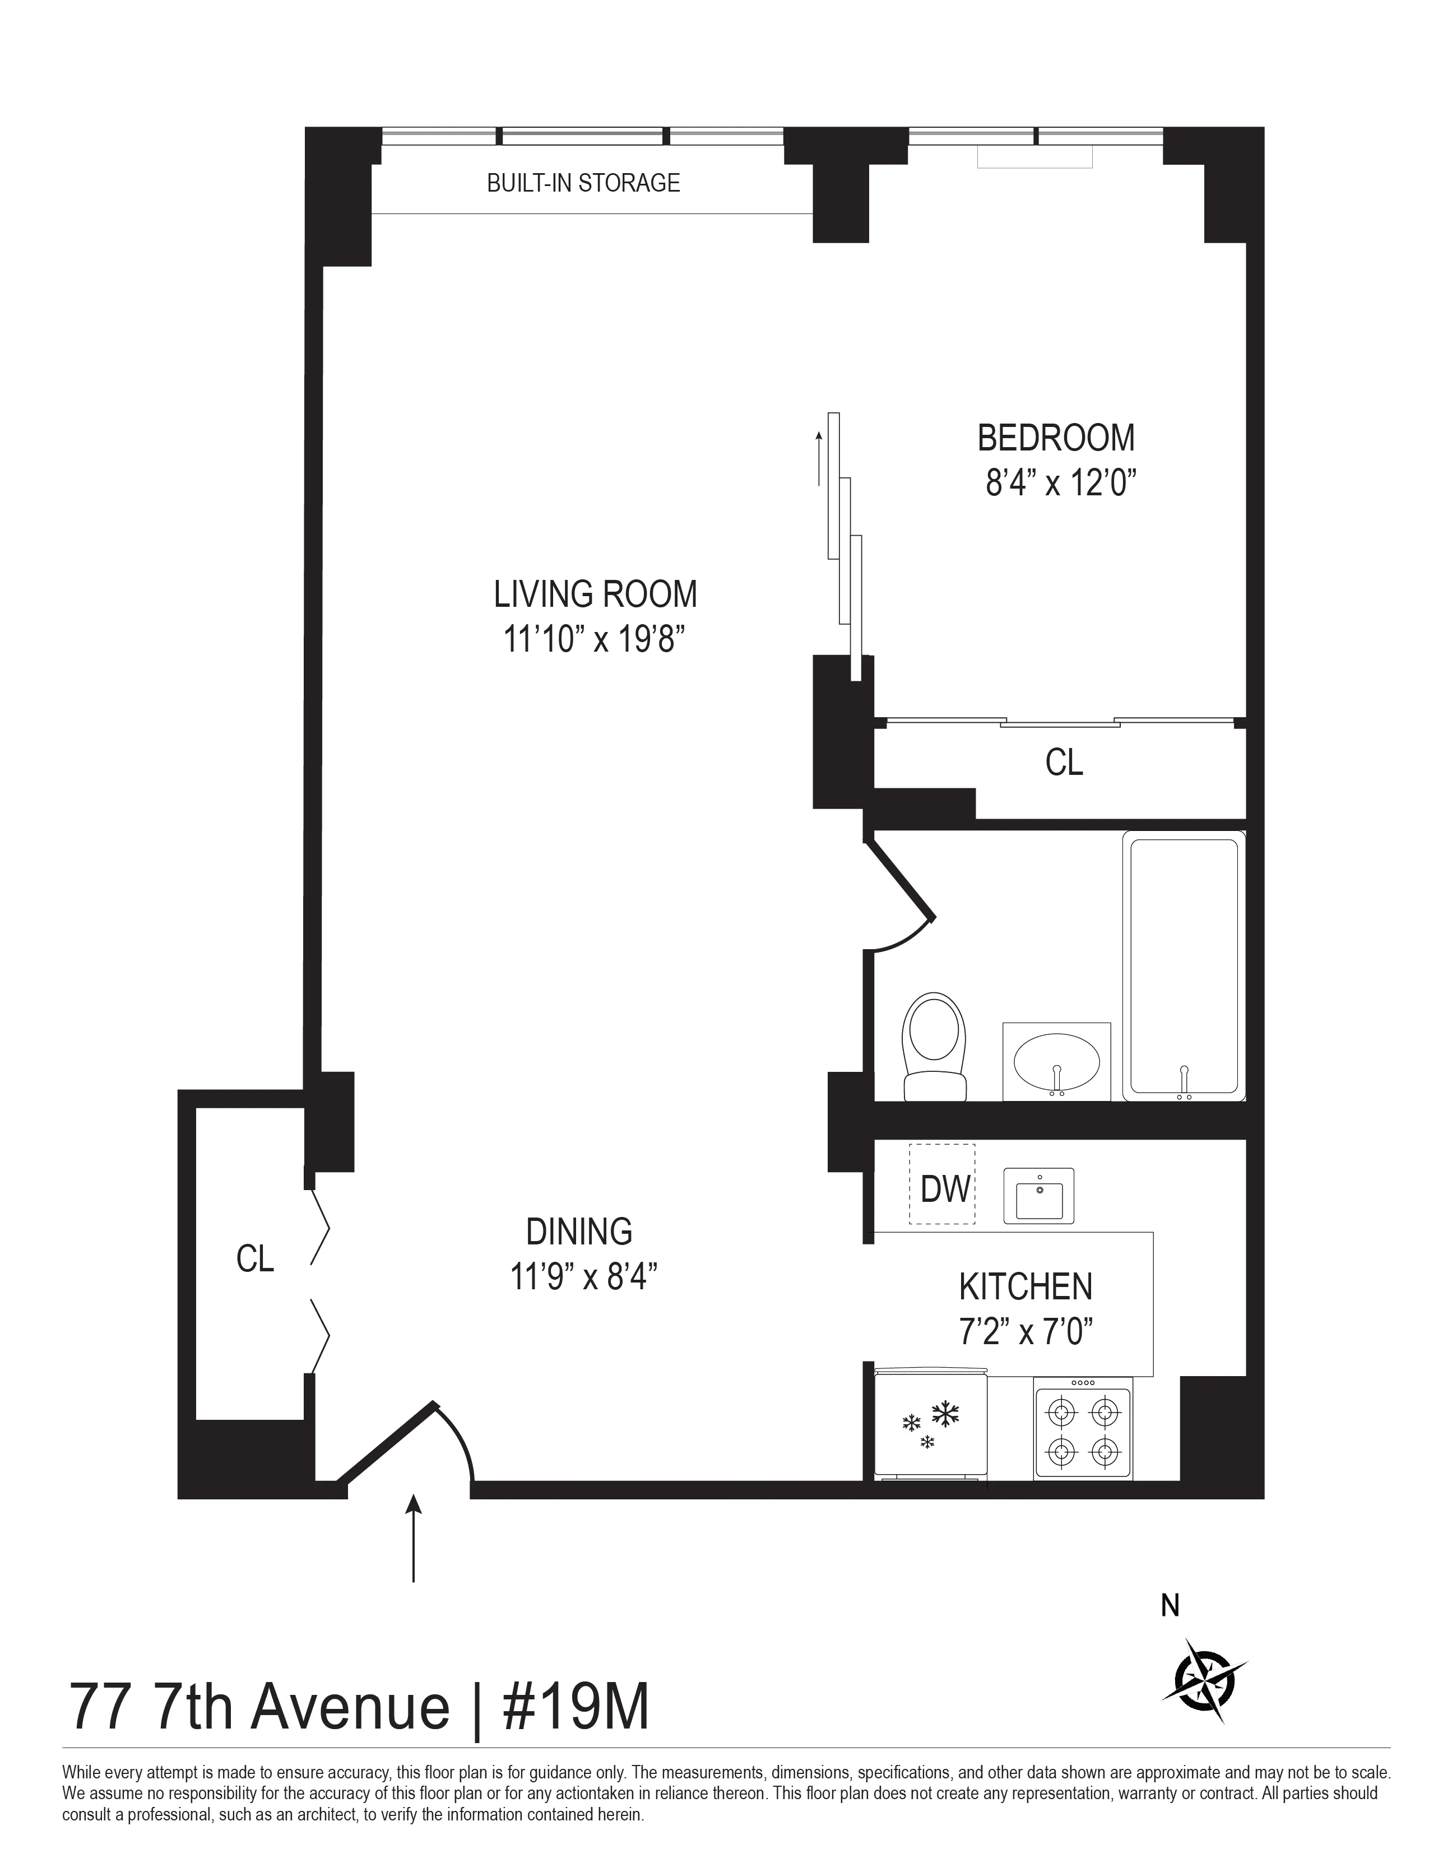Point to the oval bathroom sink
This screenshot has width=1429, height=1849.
(1056, 1063)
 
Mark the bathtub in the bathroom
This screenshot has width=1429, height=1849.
(1184, 966)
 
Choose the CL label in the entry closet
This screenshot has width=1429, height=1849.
(255, 1260)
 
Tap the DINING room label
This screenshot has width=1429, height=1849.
(579, 1231)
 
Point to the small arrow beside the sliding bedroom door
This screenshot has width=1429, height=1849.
(819, 458)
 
